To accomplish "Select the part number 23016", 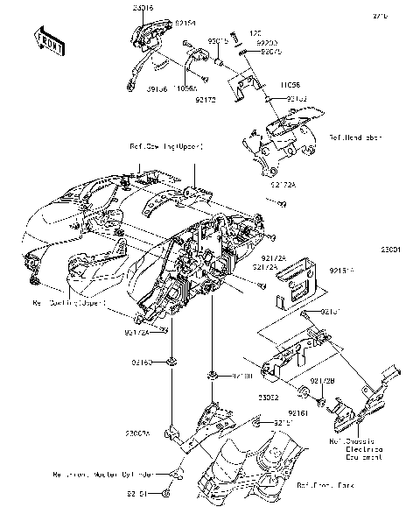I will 143,7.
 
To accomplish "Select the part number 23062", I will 268,397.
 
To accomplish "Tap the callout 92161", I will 298,412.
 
